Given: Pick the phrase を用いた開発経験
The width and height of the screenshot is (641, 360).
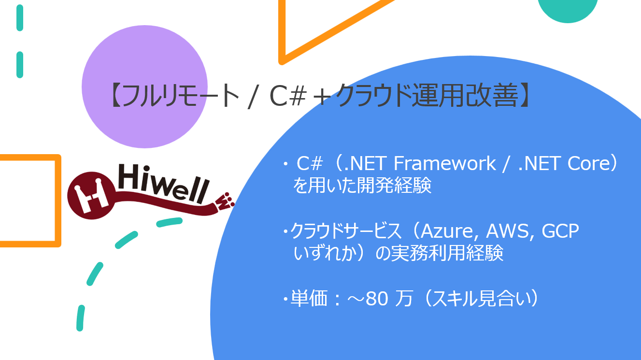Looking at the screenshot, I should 362,187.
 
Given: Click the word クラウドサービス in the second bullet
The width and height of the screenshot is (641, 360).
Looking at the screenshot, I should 346,232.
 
